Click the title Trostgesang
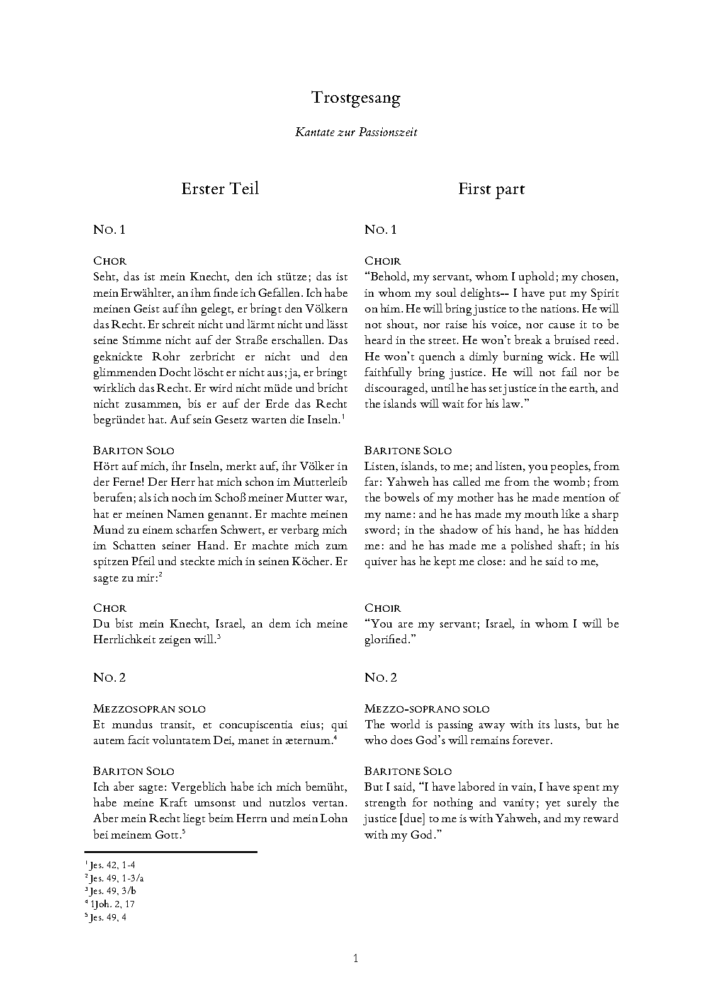[x=356, y=98]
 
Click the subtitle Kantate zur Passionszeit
[x=356, y=132]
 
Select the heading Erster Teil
[x=220, y=189]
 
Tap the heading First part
[x=491, y=189]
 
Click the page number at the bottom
[x=356, y=959]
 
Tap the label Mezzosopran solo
[x=149, y=709]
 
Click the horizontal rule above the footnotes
[x=175, y=852]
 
